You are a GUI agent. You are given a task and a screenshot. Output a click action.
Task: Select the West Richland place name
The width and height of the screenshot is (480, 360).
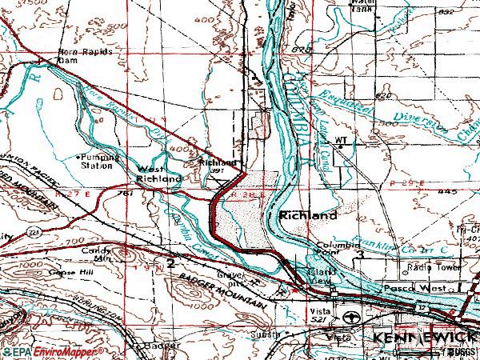tap(158, 174)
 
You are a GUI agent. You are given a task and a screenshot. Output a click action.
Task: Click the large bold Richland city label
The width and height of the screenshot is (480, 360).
tap(308, 216)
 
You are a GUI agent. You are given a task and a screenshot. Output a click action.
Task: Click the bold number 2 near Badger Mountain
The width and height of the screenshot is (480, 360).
tap(170, 263)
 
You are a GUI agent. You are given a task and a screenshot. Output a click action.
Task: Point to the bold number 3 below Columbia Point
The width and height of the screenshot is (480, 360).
tap(361, 254)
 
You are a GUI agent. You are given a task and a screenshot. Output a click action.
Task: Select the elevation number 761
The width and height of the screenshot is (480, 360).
tap(124, 194)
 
